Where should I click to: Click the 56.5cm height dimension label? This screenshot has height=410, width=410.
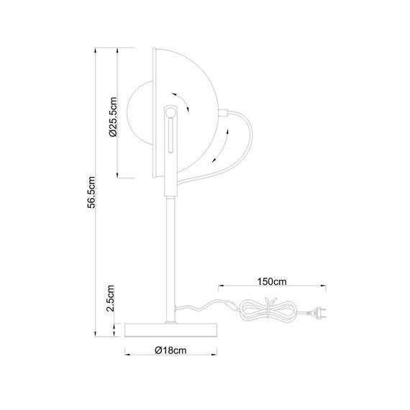tap(91, 192)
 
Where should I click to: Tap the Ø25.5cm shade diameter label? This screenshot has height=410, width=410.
tap(113, 117)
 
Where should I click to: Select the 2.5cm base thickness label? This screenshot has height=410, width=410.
tap(110, 298)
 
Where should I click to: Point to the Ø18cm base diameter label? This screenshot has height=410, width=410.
tap(170, 350)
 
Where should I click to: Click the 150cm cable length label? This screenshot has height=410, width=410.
tap(272, 282)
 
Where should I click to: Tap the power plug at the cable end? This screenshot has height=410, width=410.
tap(317, 313)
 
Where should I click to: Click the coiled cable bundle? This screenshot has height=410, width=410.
tap(269, 311)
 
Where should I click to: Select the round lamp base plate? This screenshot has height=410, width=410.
tap(171, 330)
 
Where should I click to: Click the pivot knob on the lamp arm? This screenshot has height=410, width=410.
tap(170, 111)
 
